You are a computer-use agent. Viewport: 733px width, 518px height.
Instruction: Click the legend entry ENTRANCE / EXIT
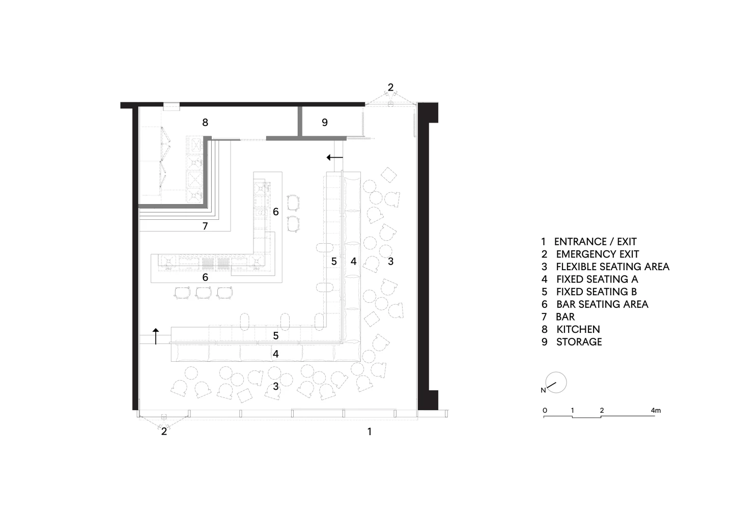pyautogui.click(x=595, y=242)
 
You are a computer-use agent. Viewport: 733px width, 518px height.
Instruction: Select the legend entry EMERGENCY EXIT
pyautogui.click(x=598, y=254)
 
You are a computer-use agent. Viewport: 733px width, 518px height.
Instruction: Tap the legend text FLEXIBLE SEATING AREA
pyautogui.click(x=612, y=267)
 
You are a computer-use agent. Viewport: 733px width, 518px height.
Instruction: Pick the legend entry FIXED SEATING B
pyautogui.click(x=597, y=292)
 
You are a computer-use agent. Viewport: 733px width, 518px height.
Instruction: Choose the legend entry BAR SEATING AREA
pyautogui.click(x=602, y=304)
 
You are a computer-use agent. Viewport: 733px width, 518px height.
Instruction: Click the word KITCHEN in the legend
pyautogui.click(x=578, y=329)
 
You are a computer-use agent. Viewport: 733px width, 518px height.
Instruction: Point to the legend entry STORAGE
pyautogui.click(x=579, y=342)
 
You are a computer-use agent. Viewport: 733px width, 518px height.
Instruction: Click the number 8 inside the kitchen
pyautogui.click(x=205, y=122)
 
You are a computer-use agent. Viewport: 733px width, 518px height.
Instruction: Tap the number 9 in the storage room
pyautogui.click(x=325, y=122)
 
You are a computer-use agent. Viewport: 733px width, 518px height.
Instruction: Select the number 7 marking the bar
pyautogui.click(x=205, y=226)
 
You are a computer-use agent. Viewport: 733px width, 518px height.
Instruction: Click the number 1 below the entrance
pyautogui.click(x=370, y=431)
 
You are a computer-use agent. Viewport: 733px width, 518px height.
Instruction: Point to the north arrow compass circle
pyautogui.click(x=556, y=382)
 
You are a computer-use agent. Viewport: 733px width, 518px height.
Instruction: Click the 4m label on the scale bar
pyautogui.click(x=656, y=411)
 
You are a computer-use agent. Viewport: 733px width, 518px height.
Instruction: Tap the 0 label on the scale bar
pyautogui.click(x=545, y=411)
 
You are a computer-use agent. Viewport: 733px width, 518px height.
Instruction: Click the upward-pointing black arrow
pyautogui.click(x=156, y=336)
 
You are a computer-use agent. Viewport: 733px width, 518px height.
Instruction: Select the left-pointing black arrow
pyautogui.click(x=335, y=158)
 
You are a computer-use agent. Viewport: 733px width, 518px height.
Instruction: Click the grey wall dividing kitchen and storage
pyautogui.click(x=300, y=121)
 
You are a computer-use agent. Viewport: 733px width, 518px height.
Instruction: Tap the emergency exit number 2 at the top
pyautogui.click(x=390, y=88)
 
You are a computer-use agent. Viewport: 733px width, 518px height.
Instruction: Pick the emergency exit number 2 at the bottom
pyautogui.click(x=164, y=431)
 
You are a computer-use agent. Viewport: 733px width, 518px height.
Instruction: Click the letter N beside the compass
pyautogui.click(x=543, y=390)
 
